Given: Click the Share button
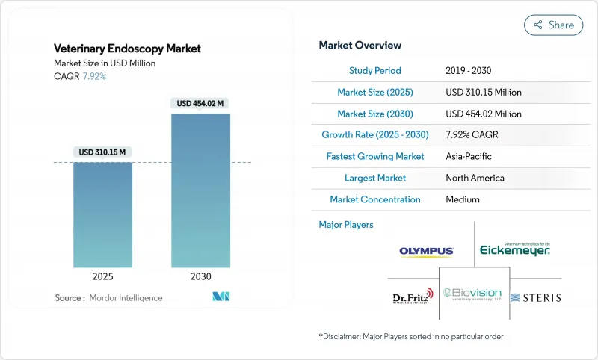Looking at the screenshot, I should tap(554, 25).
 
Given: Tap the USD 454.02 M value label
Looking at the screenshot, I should tap(200, 103).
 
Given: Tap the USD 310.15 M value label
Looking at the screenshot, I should tap(102, 152).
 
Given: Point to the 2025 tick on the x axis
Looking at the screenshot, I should tap(102, 276).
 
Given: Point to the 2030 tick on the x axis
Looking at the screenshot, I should tap(200, 276).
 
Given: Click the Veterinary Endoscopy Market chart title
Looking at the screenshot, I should tap(127, 49).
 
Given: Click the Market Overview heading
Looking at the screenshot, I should tap(360, 46).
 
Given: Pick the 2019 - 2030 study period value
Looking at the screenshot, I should tap(473, 70).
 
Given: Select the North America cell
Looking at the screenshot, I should tap(475, 178).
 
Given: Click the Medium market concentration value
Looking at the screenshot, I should tap(463, 199).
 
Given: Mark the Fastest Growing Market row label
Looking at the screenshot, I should tap(374, 156).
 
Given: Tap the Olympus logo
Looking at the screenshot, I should tap(427, 252).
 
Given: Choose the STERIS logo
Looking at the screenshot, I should tap(535, 297).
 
